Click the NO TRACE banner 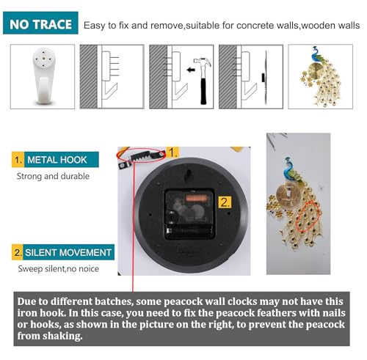[x=40, y=23]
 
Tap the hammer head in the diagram [x=202, y=62]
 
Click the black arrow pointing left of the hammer [x=191, y=70]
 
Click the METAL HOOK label [x=55, y=160]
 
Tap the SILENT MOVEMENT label [x=63, y=252]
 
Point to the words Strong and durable [x=53, y=176]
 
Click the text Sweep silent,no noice [x=59, y=269]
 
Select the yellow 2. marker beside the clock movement [x=225, y=202]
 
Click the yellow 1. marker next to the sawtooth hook [x=172, y=153]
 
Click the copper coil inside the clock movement [x=196, y=197]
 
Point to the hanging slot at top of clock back [x=189, y=175]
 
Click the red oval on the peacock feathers [x=308, y=216]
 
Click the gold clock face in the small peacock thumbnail [x=315, y=70]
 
